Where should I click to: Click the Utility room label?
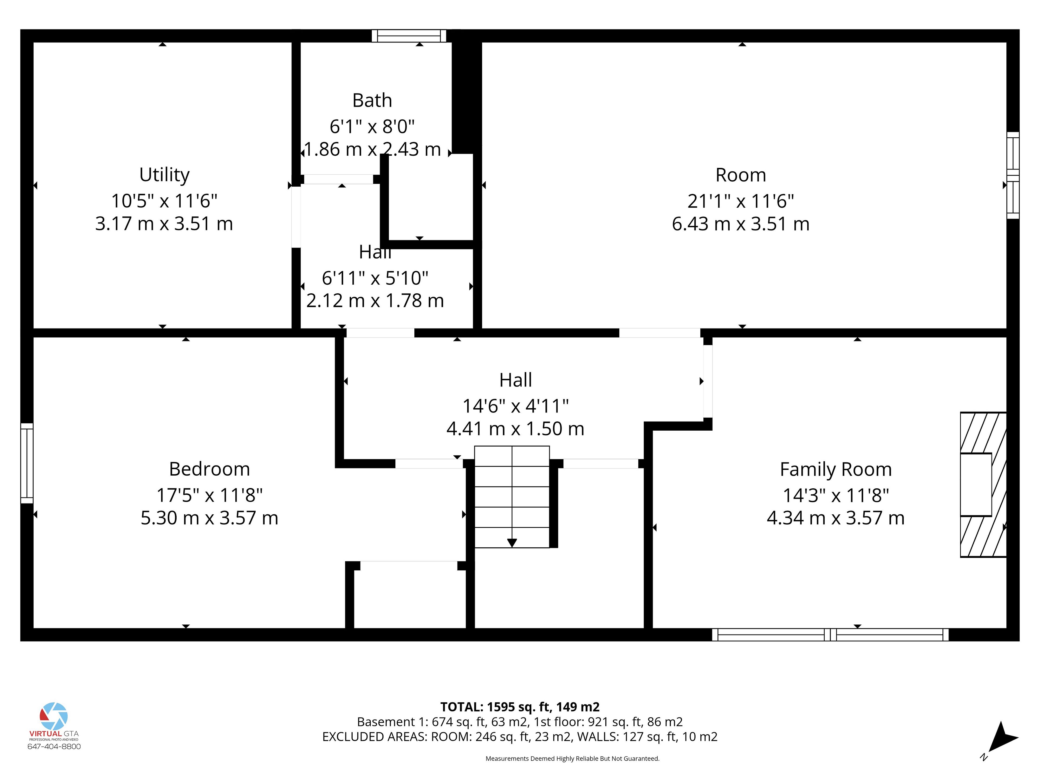point(165,175)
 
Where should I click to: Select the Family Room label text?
point(836,469)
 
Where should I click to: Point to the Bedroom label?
point(209,469)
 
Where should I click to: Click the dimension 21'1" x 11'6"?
point(740,201)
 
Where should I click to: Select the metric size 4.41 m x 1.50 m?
point(515,429)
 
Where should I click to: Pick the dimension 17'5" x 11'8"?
point(209,495)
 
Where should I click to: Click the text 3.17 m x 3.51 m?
point(164,224)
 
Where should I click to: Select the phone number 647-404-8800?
point(54,747)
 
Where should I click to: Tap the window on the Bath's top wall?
point(409,36)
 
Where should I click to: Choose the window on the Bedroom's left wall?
point(27,463)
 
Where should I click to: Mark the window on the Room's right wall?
point(1013,175)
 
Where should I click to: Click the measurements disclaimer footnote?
point(572,758)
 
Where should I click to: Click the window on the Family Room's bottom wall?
point(830,635)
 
